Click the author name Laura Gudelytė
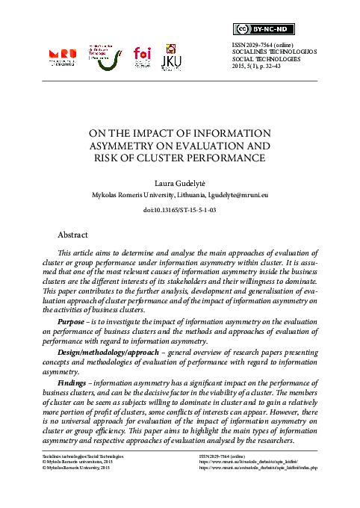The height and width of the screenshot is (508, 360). click(179, 182)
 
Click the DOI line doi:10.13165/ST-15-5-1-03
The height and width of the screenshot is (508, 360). click(179, 211)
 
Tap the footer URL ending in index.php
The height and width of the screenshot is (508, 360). click(265, 468)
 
